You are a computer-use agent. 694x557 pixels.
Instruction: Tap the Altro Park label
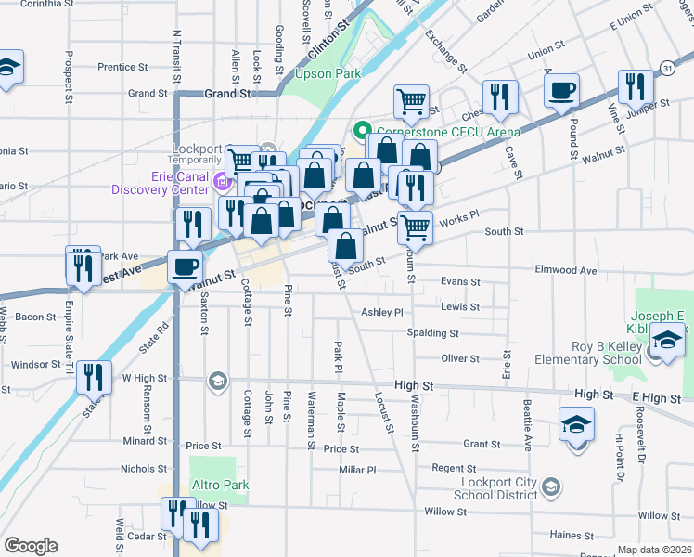pyautogui.click(x=219, y=486)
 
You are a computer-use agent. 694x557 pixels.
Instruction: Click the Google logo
pyautogui.click(x=31, y=546)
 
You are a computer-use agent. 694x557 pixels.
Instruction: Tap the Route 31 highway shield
pyautogui.click(x=667, y=69)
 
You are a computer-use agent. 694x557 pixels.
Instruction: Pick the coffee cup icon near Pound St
pyautogui.click(x=561, y=91)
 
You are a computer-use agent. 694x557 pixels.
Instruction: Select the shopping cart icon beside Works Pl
pyautogui.click(x=415, y=225)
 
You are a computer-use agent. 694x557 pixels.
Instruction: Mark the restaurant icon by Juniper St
pyautogui.click(x=636, y=87)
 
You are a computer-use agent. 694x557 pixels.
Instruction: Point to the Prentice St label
pyautogui.click(x=122, y=67)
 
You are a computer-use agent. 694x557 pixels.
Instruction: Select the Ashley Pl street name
pyautogui.click(x=382, y=313)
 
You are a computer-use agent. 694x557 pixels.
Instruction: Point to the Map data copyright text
pyautogui.click(x=654, y=550)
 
